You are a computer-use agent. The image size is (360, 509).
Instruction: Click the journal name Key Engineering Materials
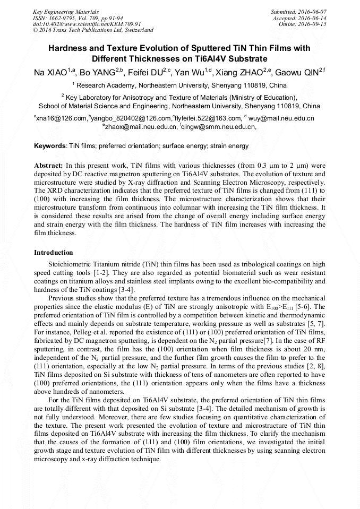click(66, 11)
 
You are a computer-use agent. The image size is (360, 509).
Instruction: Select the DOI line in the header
click(87, 24)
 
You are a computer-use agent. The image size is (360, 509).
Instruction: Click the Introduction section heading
click(53, 252)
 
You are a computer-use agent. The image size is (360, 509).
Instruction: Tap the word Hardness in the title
click(68, 48)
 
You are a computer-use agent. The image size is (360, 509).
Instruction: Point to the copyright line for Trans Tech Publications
click(93, 30)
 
